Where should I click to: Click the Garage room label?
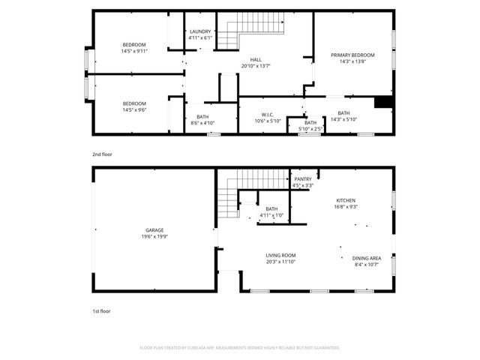pyautogui.click(x=154, y=230)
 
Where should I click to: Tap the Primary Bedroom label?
pyautogui.click(x=352, y=55)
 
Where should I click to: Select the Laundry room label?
pyautogui.click(x=200, y=31)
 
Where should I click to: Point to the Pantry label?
pyautogui.click(x=303, y=179)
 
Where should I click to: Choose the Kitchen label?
pyautogui.click(x=346, y=200)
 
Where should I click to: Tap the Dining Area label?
pyautogui.click(x=367, y=258)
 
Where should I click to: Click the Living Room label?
pyautogui.click(x=280, y=255)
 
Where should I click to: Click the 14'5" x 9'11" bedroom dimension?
pyautogui.click(x=134, y=51)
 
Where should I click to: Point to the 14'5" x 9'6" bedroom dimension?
pyautogui.click(x=134, y=109)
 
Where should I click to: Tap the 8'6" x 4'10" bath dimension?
pyautogui.click(x=202, y=122)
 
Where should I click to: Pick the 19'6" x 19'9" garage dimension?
pyautogui.click(x=154, y=236)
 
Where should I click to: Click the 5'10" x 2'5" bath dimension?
pyautogui.click(x=310, y=128)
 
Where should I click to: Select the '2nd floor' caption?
pyautogui.click(x=102, y=154)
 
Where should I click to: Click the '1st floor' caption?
pyautogui.click(x=101, y=310)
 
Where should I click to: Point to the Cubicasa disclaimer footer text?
pyautogui.click(x=240, y=347)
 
